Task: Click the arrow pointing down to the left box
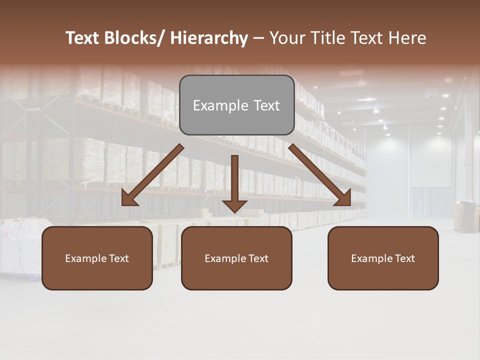pos(152,175)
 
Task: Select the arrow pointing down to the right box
pos(320,175)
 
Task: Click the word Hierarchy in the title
pos(208,38)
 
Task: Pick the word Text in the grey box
pos(266,105)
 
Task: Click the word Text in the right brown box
pos(404,258)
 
